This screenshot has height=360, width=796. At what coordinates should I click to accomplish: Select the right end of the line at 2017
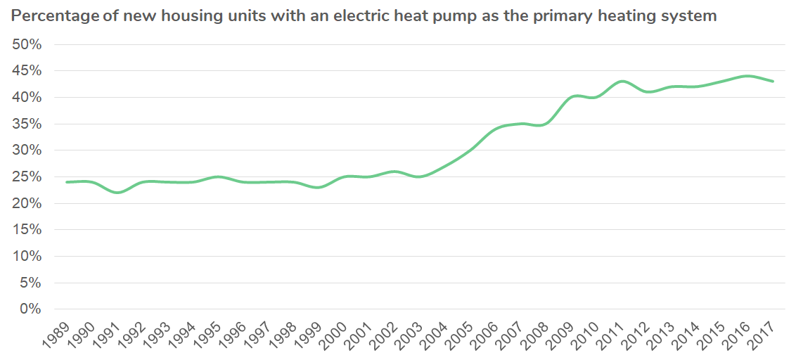click(x=773, y=82)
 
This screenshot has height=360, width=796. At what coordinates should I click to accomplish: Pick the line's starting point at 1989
click(x=68, y=182)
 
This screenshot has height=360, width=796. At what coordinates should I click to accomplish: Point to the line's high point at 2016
click(x=747, y=76)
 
